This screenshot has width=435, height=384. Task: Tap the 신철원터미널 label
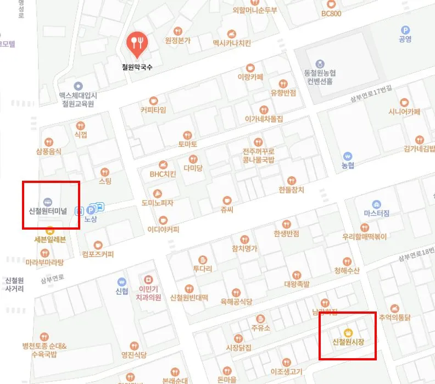47,210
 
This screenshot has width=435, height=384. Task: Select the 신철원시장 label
348,342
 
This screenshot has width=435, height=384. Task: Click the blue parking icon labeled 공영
405,30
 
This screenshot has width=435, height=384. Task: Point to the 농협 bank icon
347,155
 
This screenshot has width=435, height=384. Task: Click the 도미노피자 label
157,203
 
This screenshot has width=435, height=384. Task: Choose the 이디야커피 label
163,229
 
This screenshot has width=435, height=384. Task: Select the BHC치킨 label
163,174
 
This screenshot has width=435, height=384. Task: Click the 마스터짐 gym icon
376,204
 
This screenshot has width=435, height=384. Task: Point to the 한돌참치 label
291,190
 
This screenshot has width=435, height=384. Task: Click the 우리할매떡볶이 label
364,237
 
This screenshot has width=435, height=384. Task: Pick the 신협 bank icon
121,282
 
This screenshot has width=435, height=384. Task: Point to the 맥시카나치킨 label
232,42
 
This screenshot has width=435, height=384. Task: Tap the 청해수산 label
346,270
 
